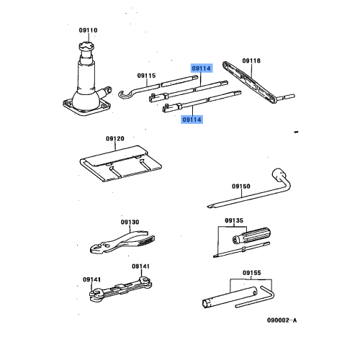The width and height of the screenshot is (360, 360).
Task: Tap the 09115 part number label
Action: point(146,75)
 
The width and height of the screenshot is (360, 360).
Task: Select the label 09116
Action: point(251,61)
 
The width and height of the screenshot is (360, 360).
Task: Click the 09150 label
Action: point(240,186)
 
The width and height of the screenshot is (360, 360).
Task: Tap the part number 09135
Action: point(233,220)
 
